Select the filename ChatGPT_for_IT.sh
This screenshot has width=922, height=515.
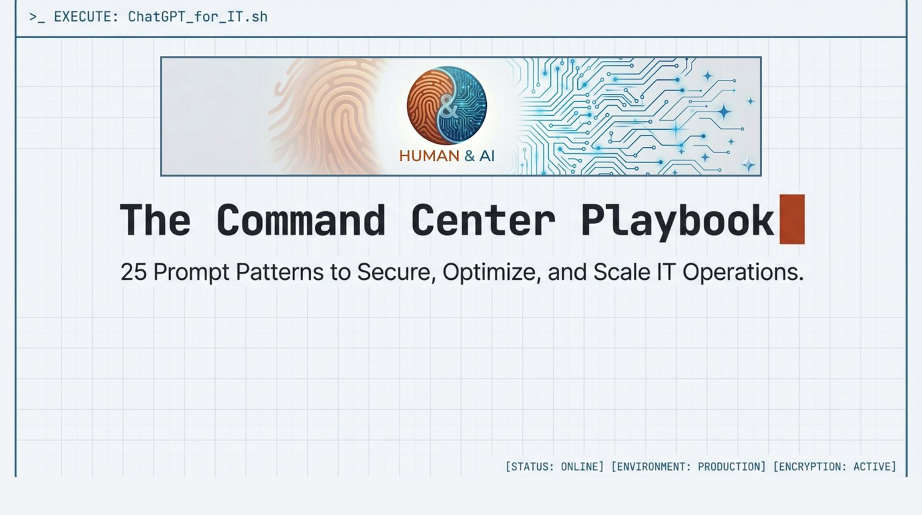197,17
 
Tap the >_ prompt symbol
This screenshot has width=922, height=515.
37,17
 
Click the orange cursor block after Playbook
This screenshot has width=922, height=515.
792,219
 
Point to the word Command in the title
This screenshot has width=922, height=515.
301,220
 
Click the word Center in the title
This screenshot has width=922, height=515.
483,220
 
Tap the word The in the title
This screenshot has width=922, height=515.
155,220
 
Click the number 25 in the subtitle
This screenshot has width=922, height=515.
134,272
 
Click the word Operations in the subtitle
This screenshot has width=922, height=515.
743,273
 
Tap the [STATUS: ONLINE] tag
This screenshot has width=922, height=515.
554,466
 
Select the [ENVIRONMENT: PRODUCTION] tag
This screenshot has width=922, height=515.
688,466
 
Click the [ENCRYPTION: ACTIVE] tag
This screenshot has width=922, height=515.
835,466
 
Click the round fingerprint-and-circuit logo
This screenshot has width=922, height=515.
447,105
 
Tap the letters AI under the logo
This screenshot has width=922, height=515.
487,156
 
